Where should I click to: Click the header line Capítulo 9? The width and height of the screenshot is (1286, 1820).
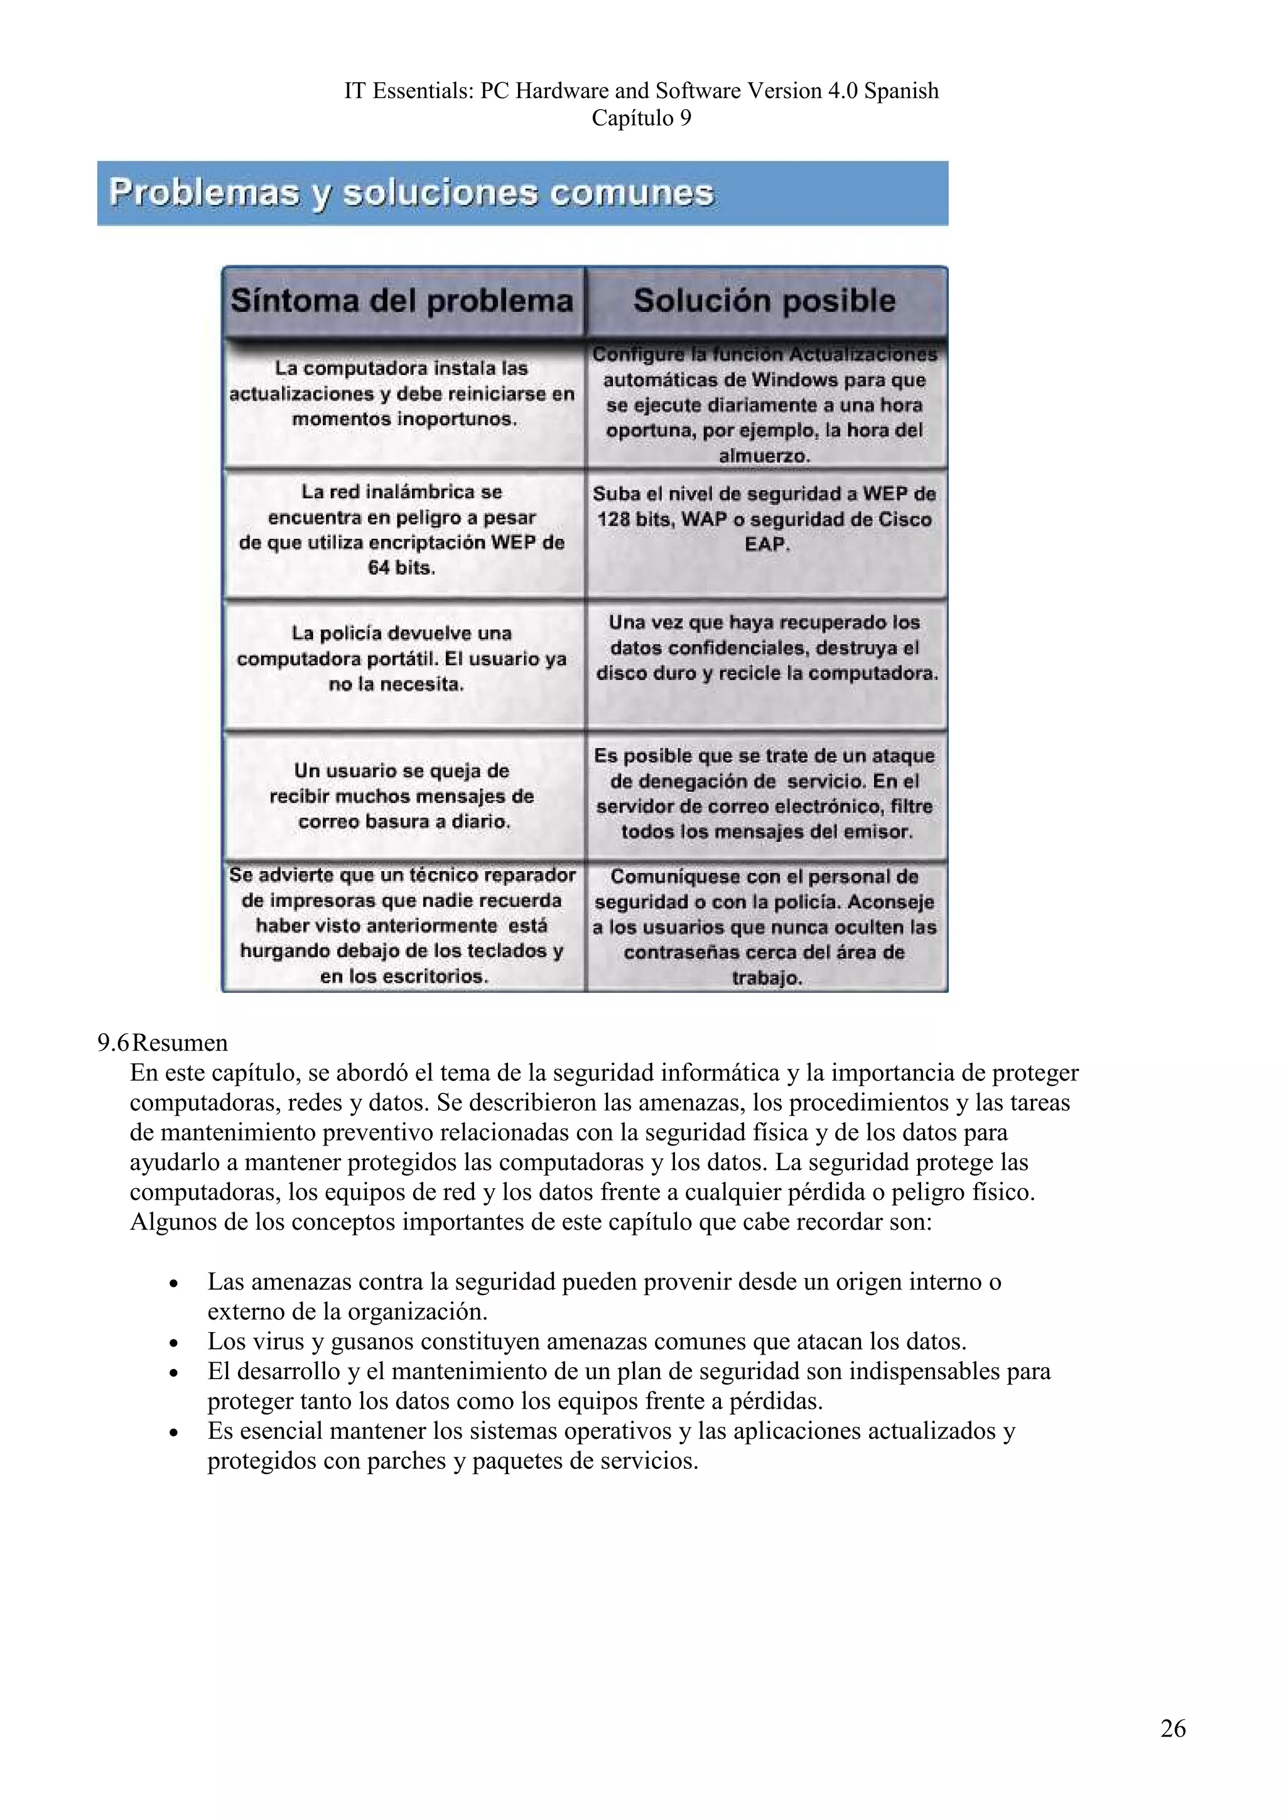(641, 118)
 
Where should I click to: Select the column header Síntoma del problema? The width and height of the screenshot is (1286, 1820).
(402, 301)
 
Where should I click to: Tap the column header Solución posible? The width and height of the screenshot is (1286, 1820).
(765, 301)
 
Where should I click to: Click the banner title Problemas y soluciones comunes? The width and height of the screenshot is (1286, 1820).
(411, 193)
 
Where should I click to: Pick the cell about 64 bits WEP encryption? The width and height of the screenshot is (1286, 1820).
(402, 530)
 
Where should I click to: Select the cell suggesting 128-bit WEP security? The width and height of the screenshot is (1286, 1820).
(765, 519)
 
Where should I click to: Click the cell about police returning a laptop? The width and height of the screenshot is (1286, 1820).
(402, 659)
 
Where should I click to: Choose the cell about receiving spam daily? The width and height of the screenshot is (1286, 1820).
(402, 796)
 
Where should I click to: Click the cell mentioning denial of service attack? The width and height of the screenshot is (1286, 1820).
(765, 793)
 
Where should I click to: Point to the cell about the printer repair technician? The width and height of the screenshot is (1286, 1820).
(402, 926)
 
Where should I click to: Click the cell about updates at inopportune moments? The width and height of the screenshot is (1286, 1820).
(402, 394)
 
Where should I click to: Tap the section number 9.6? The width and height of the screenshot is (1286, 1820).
(112, 1043)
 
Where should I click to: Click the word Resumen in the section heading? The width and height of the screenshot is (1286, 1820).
(180, 1043)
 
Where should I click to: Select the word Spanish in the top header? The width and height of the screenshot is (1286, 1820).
(901, 91)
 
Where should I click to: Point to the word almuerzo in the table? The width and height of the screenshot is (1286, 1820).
(765, 457)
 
